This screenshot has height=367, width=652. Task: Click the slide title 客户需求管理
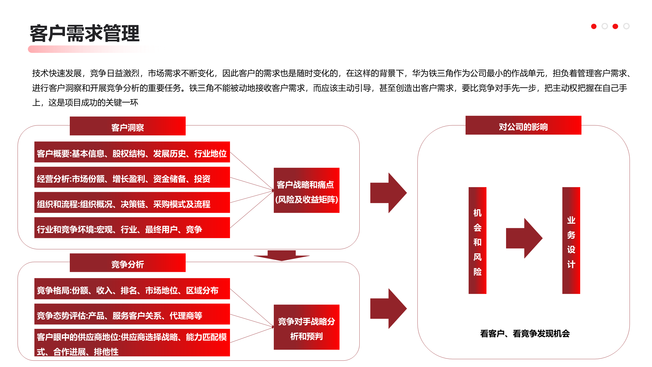pos(85,33)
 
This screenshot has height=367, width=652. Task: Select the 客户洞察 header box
pos(128,126)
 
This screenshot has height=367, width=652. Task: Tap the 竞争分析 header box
pos(128,263)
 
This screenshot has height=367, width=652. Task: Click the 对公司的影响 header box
pos(523,125)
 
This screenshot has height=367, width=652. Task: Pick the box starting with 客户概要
pos(132,152)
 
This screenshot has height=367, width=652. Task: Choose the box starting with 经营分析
pos(132,177)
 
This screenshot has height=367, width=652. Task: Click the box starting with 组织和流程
pos(132,203)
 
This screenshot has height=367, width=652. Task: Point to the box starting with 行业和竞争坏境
pos(132,228)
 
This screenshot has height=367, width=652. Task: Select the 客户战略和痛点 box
pos(306,190)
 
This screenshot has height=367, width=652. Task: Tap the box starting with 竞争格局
pos(132,289)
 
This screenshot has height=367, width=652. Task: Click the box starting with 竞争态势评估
pos(132,314)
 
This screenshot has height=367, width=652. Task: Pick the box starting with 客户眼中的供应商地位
pos(132,343)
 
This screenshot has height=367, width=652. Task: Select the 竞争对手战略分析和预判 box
pos(306,327)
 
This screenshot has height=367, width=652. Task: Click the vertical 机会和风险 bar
pos(477,241)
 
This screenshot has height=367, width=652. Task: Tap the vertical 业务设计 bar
pos(571,241)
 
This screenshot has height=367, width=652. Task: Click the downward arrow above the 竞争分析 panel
pos(281,256)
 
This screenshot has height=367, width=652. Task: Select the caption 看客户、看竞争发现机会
pos(525,334)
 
